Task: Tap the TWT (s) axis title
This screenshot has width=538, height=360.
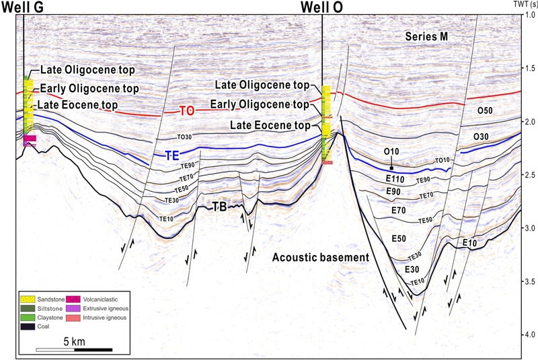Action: click(521, 4)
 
